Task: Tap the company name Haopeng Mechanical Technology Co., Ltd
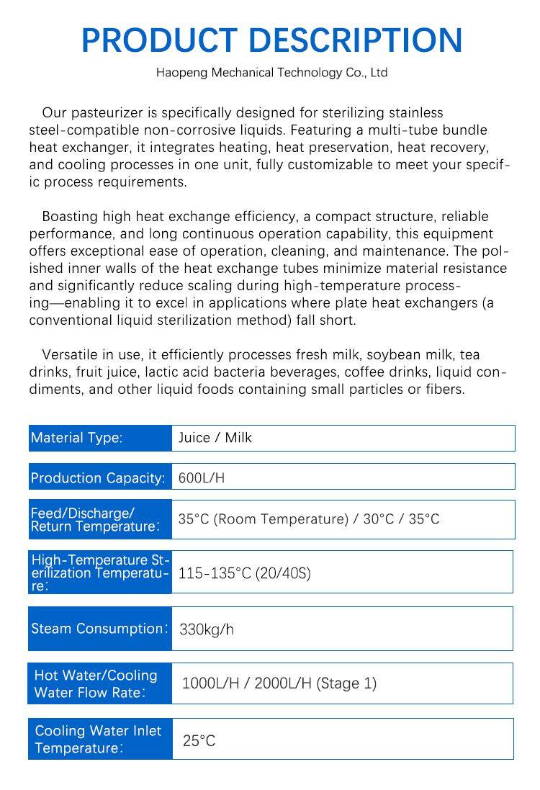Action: pyautogui.click(x=271, y=73)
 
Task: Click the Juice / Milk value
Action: pyautogui.click(x=215, y=438)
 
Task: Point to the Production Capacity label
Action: pyautogui.click(x=98, y=478)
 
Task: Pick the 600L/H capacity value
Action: pyautogui.click(x=202, y=478)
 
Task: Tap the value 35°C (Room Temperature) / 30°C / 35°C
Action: pyautogui.click(x=309, y=519)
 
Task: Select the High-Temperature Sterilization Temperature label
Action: pyautogui.click(x=99, y=573)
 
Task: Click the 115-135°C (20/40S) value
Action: pyautogui.click(x=245, y=574)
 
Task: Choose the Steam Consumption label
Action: pyautogui.click(x=99, y=629)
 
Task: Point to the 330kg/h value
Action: pyautogui.click(x=207, y=630)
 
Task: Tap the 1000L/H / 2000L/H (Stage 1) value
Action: pyautogui.click(x=279, y=683)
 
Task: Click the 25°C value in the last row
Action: pyautogui.click(x=199, y=740)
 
